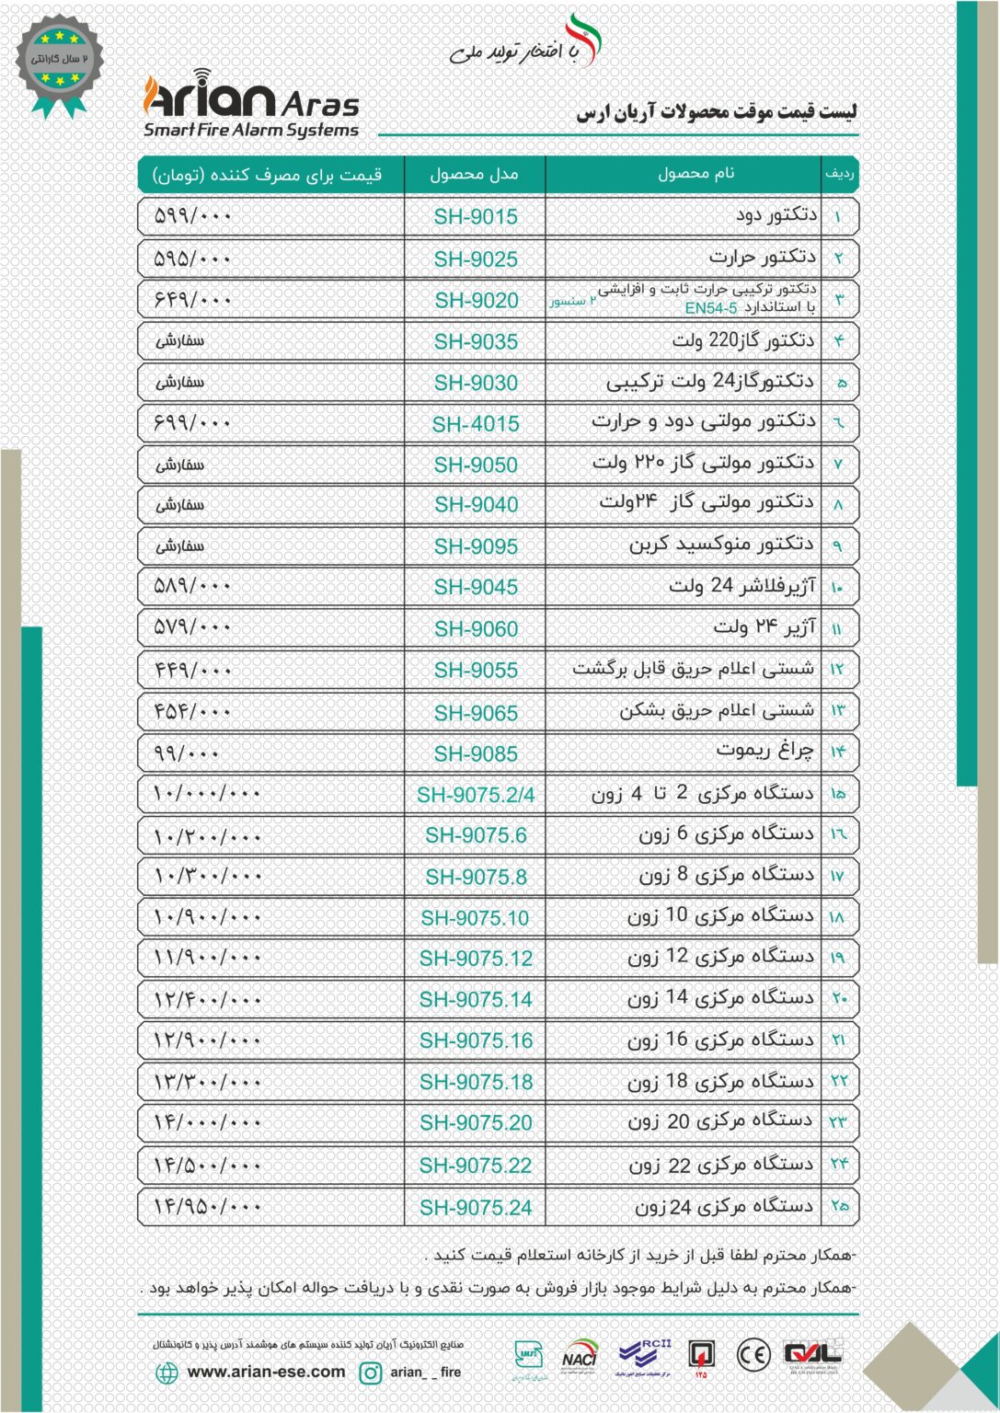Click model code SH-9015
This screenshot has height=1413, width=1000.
click(x=476, y=217)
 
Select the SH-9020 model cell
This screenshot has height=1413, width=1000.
click(x=476, y=301)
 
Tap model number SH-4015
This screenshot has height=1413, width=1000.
click(x=476, y=424)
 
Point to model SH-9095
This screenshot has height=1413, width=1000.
click(x=476, y=546)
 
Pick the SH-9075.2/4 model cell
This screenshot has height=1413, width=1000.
click(x=476, y=795)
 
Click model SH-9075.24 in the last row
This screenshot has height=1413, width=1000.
click(x=476, y=1208)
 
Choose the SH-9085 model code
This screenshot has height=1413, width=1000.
click(x=476, y=754)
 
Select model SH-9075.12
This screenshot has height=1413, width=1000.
click(x=476, y=959)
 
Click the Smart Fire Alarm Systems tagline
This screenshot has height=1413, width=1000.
click(x=250, y=131)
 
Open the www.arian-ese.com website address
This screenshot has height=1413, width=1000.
click(x=266, y=1372)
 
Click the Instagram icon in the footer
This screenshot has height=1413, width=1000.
click(x=370, y=1373)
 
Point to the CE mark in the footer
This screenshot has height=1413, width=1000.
click(x=753, y=1354)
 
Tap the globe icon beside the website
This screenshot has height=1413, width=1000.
click(x=167, y=1373)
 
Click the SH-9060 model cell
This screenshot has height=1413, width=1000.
click(x=476, y=629)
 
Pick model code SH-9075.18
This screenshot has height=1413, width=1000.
click(x=476, y=1083)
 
